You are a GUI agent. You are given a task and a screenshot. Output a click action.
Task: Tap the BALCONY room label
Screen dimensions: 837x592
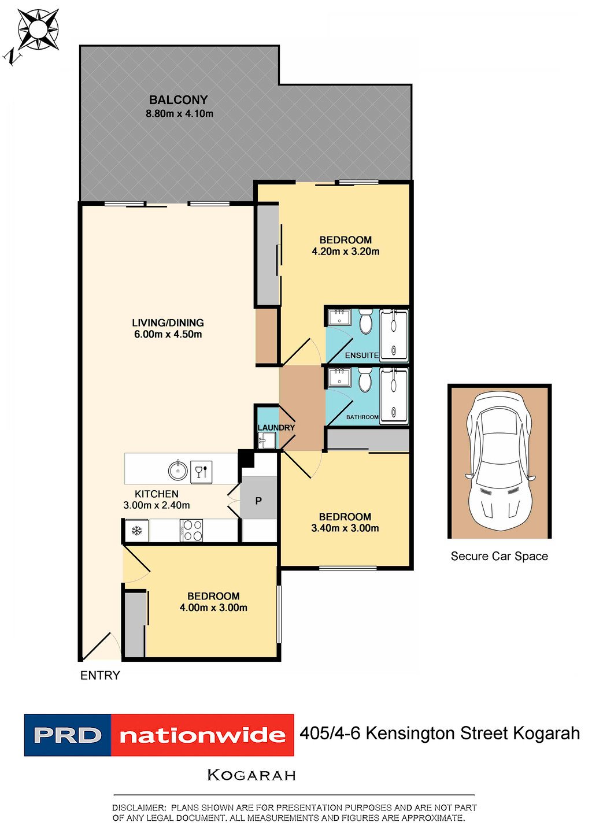[x=178, y=100]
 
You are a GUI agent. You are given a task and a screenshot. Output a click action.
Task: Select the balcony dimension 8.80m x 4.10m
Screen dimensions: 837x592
[x=179, y=114]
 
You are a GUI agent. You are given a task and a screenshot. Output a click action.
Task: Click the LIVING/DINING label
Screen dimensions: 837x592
[x=168, y=323]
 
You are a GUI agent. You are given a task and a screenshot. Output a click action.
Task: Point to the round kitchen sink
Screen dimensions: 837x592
[x=177, y=471]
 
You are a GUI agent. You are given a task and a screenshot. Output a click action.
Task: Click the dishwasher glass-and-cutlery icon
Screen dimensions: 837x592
[x=201, y=471]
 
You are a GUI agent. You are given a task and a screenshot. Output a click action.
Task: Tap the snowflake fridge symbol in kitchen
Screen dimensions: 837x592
[x=137, y=531]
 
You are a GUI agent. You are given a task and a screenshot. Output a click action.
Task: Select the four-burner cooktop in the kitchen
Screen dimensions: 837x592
[x=191, y=531]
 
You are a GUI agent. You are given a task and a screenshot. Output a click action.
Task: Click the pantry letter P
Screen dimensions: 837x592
[x=258, y=501]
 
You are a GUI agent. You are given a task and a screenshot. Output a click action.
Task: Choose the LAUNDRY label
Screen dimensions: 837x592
[x=276, y=428]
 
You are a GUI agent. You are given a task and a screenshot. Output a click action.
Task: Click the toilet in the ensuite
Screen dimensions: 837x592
[x=365, y=323]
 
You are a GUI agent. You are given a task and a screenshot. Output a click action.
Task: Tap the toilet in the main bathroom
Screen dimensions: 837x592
[x=365, y=382]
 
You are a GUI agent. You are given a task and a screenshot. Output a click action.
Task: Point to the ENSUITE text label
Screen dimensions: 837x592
[x=362, y=355]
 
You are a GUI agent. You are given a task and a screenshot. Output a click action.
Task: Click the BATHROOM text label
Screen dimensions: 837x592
[x=362, y=417]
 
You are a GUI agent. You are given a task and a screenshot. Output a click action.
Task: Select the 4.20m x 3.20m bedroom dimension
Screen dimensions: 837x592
[x=346, y=251]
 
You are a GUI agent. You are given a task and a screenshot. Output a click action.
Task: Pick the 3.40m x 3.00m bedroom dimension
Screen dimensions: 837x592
[x=345, y=528]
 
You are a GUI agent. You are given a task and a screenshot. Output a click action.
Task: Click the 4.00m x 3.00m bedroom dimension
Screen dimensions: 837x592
[x=213, y=608]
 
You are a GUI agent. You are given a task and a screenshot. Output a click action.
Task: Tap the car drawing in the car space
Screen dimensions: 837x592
[x=499, y=460]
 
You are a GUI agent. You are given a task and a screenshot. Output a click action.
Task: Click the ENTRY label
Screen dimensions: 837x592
[x=100, y=676]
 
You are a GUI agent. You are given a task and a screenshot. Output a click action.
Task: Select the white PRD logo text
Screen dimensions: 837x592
[x=67, y=735]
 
